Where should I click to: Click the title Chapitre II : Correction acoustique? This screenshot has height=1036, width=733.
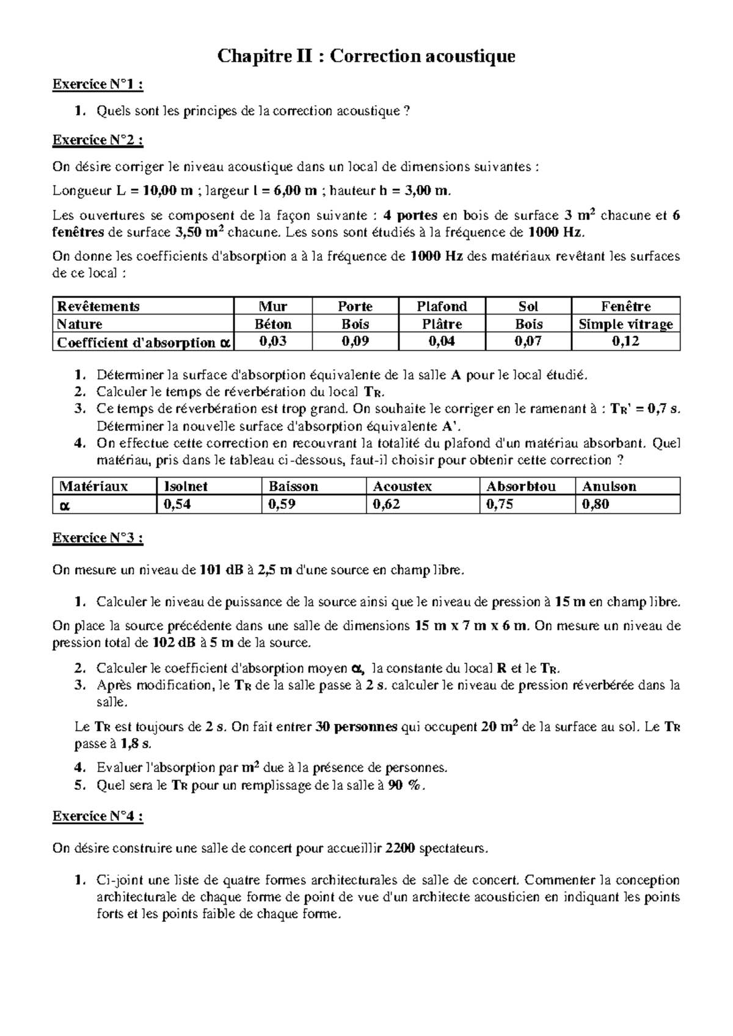pos(366,57)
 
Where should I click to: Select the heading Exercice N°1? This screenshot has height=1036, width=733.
pos(98,84)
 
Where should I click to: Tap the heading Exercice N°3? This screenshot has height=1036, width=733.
pos(98,538)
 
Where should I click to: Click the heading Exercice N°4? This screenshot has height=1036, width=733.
pos(98,816)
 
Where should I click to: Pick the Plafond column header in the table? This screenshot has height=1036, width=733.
pos(442,306)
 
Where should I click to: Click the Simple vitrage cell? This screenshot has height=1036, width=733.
pos(625,324)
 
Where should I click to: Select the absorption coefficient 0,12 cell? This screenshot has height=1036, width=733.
pos(625,341)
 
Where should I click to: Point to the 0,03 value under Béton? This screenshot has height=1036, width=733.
pos(272,341)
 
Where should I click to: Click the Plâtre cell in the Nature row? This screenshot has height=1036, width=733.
pos(442,324)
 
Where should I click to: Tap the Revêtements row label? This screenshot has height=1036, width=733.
pos(98,306)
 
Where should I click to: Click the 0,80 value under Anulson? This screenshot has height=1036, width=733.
pos(596,504)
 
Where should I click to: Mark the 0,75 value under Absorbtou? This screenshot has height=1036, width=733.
pos(500,504)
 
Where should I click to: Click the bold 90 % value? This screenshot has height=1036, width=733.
pos(404,786)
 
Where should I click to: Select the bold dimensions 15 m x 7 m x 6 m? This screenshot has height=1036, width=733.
pos(470,626)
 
